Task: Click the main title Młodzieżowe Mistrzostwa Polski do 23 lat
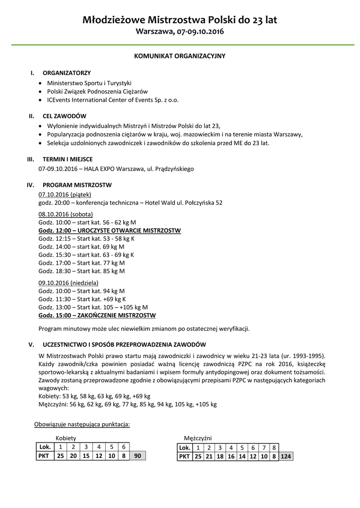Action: click(180, 20)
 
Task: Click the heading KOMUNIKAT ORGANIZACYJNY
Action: click(180, 56)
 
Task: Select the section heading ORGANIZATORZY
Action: click(67, 73)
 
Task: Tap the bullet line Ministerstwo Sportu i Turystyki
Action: click(89, 83)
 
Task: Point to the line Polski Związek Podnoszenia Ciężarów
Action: click(97, 92)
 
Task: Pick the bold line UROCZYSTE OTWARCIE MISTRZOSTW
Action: click(110, 231)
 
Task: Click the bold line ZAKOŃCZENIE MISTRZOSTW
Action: click(97, 316)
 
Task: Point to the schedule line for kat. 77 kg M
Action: click(81, 263)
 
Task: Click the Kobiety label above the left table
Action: click(66, 438)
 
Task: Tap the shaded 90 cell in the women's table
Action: click(138, 456)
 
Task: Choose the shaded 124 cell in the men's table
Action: click(286, 456)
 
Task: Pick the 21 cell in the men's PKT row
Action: click(209, 456)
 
